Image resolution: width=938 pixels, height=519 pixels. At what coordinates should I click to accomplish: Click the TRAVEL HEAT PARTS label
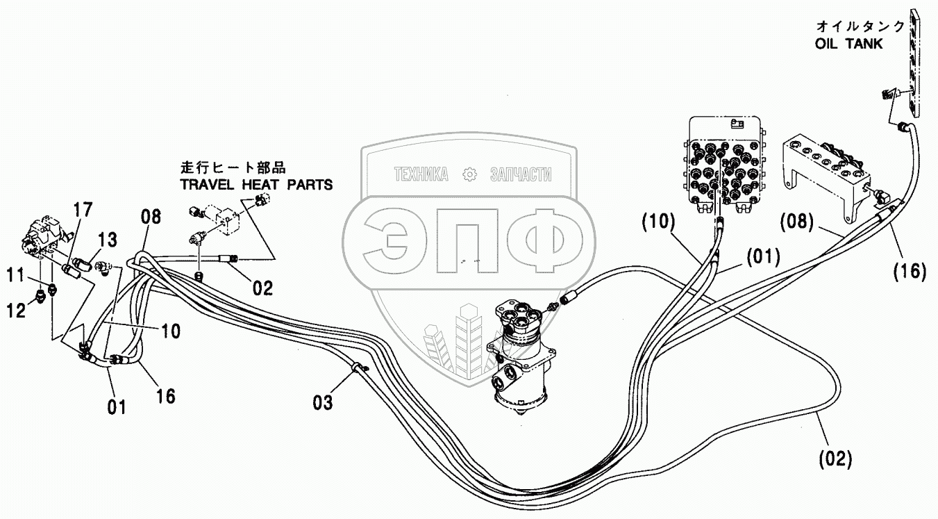[x=256, y=185]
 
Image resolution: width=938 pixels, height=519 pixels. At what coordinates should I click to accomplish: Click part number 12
[x=17, y=310]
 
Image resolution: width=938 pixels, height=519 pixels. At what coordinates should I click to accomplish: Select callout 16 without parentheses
[x=165, y=395]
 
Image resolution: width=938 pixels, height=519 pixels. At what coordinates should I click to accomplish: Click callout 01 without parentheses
[x=117, y=406]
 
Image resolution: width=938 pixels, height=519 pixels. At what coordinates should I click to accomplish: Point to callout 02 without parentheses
[x=262, y=287]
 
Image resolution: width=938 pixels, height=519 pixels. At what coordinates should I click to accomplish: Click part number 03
[x=324, y=401]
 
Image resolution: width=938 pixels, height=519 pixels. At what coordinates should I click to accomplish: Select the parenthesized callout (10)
[x=658, y=223]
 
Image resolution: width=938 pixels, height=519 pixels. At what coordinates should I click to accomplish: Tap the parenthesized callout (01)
[x=763, y=256]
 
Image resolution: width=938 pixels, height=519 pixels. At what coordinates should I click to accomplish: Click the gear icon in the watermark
[x=470, y=174]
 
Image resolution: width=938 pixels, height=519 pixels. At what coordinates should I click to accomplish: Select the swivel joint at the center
[x=522, y=358]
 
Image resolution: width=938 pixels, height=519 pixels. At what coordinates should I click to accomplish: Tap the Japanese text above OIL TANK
[x=860, y=26]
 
